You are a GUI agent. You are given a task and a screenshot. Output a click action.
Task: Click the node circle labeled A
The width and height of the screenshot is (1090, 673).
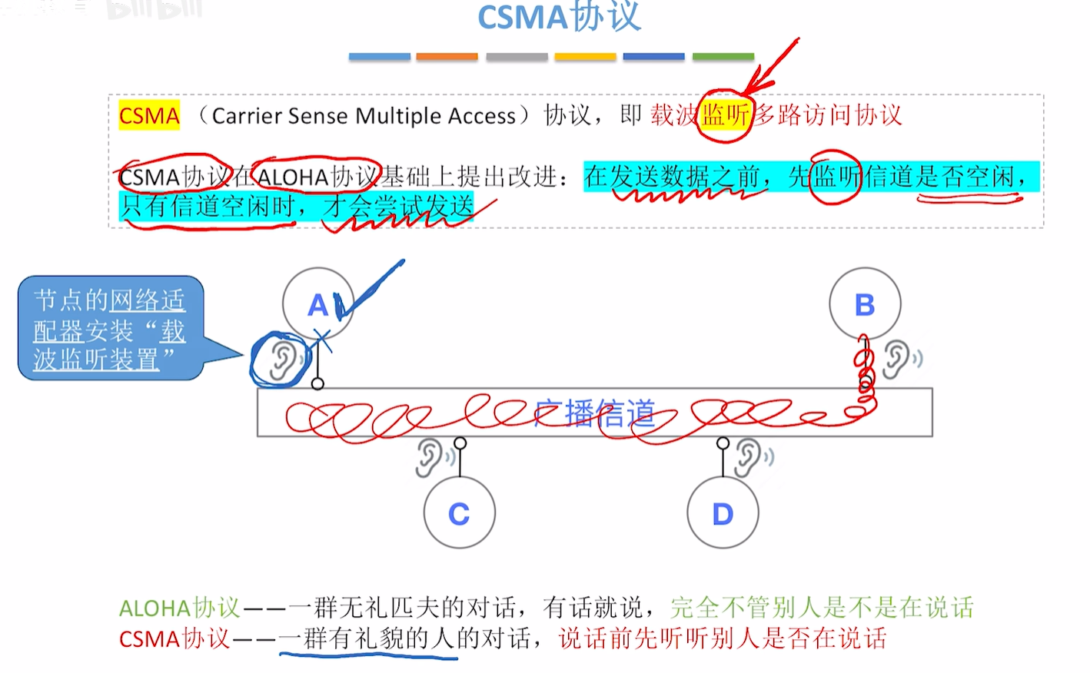click(317, 304)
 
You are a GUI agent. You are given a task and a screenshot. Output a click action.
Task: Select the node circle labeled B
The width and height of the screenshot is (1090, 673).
click(865, 304)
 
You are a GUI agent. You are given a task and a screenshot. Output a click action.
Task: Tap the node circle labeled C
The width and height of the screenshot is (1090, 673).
click(459, 513)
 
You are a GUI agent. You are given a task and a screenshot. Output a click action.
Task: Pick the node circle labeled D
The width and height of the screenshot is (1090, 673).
click(723, 513)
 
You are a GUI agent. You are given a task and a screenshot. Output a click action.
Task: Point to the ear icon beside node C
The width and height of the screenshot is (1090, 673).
click(429, 459)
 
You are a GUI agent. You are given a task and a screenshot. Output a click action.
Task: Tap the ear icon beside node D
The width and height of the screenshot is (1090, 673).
click(748, 457)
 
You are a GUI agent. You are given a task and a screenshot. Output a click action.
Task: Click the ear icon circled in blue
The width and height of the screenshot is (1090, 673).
click(282, 360)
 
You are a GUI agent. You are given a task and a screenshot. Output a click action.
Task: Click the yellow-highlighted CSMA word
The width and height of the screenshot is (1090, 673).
click(149, 116)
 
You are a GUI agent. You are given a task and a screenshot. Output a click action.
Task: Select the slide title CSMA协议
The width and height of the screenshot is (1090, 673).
click(559, 17)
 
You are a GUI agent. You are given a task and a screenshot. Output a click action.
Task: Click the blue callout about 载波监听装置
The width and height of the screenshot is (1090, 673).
click(110, 329)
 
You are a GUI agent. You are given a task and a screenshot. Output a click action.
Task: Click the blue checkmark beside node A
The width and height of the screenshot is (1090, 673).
click(369, 290)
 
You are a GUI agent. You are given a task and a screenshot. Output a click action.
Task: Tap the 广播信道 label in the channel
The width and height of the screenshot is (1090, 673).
click(595, 413)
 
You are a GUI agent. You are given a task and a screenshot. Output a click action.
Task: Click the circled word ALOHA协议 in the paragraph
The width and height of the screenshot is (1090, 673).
click(316, 177)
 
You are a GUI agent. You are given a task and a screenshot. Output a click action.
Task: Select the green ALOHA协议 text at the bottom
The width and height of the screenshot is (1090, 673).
click(179, 608)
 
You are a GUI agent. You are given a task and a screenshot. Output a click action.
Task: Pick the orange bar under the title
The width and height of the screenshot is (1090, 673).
click(447, 57)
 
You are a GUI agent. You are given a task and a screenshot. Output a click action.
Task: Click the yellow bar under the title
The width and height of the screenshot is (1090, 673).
click(585, 57)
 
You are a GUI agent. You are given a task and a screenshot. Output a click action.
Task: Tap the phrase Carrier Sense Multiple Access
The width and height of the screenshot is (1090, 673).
click(364, 116)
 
